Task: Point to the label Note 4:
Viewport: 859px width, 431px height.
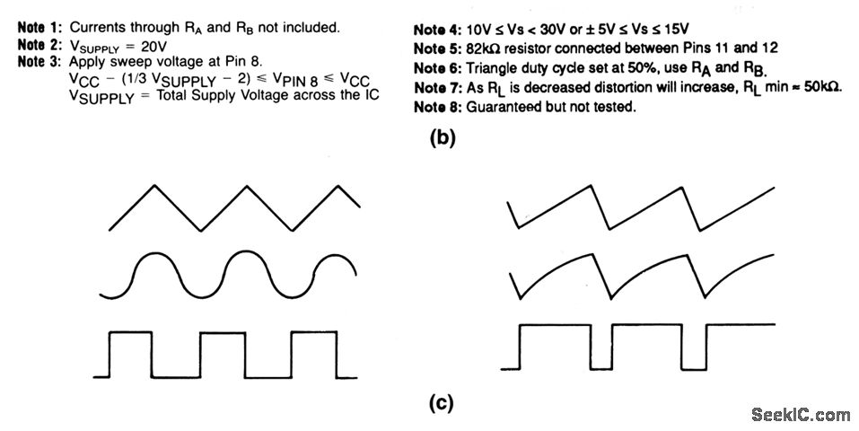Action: (439, 31)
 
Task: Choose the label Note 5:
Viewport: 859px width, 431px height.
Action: (439, 48)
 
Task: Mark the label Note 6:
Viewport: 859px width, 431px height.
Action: (439, 68)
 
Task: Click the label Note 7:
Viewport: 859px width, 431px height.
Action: (439, 88)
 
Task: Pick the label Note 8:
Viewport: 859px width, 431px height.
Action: (439, 108)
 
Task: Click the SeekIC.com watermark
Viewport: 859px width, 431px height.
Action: (800, 414)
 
